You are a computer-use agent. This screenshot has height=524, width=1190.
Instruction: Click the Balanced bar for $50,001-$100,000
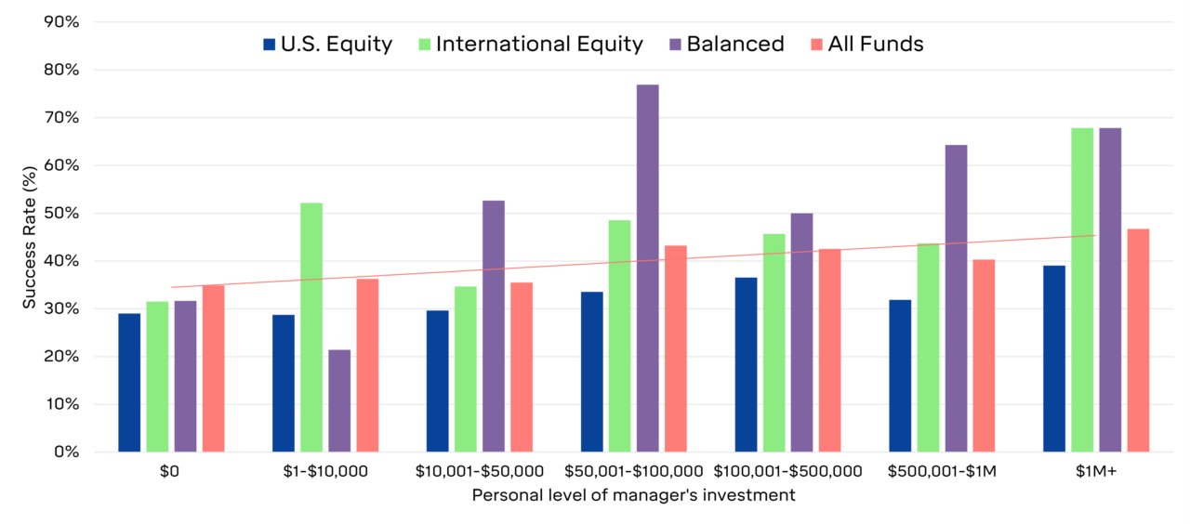pos(648,269)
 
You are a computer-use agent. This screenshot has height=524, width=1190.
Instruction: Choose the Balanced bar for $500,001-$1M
pos(956,298)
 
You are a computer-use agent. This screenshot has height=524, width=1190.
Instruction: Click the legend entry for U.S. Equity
pos(328,44)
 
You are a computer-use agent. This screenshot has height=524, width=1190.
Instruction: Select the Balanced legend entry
pos(726,44)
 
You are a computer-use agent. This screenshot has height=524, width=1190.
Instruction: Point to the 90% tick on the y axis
pos(62,21)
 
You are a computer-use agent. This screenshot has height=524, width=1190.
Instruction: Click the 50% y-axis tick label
pos(62,213)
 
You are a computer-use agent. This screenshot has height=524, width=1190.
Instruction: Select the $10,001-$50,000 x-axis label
pos(480,471)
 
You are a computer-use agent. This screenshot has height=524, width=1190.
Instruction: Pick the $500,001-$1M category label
pos(942,471)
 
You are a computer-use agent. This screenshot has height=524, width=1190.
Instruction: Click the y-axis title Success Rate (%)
pos(29,237)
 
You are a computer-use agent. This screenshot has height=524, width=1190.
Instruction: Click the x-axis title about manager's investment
pos(633,495)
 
